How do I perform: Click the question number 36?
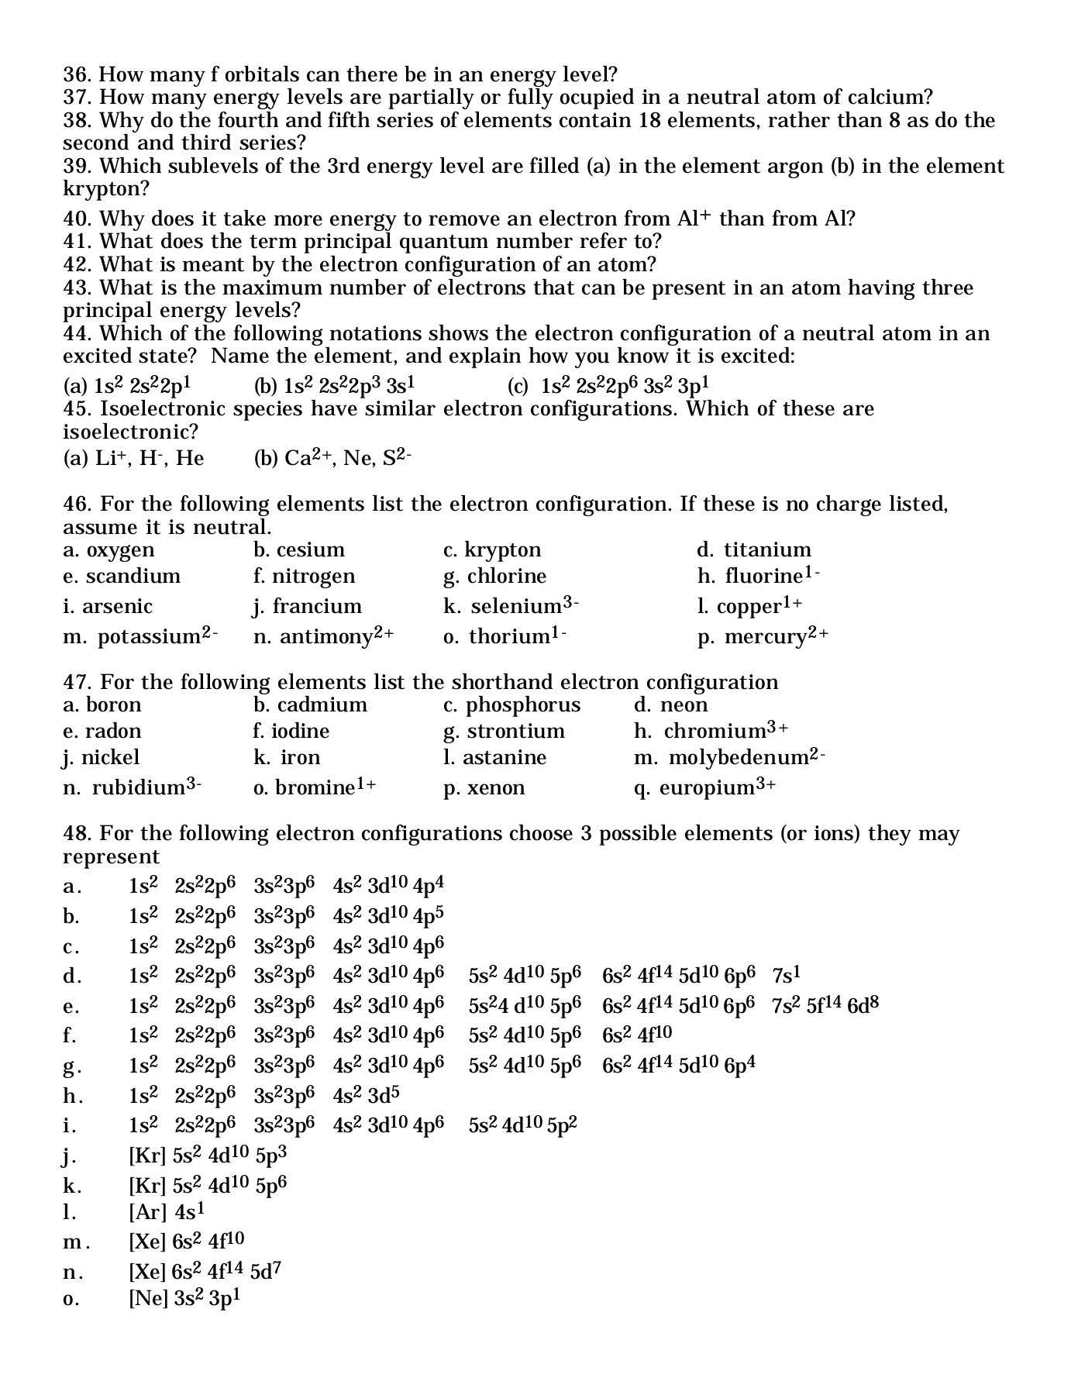77,75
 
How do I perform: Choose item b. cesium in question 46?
298,550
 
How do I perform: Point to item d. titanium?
753,550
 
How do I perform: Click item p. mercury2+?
763,635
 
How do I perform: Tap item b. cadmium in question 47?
310,705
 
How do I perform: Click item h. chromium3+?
711,730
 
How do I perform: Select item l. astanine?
494,757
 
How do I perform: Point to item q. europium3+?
704,787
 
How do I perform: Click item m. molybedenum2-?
729,757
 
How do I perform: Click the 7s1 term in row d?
786,975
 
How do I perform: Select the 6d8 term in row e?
863,1006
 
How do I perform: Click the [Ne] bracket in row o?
148,1298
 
